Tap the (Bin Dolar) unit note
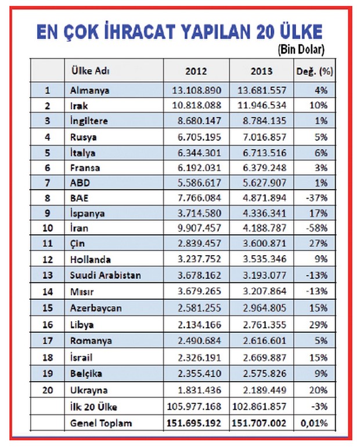[x=301, y=50]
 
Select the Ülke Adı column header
[x=90, y=70]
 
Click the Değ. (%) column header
[x=315, y=71]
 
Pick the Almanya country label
[x=89, y=90]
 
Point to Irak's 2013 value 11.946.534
[x=262, y=105]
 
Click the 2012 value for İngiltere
[x=199, y=120]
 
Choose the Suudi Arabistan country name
[x=106, y=275]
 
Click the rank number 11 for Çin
[x=48, y=243]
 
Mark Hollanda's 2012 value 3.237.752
[x=199, y=259]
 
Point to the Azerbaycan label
[x=96, y=308]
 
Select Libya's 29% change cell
[x=318, y=325]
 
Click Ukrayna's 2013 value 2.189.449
[x=264, y=390]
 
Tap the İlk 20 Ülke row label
[x=93, y=407]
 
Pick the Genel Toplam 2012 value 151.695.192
[x=194, y=423]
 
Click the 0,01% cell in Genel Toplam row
[x=314, y=423]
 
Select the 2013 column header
[x=261, y=71]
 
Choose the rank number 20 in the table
[x=48, y=390]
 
